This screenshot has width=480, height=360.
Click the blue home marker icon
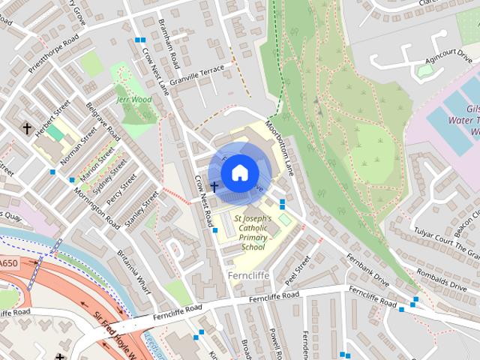click(x=239, y=172)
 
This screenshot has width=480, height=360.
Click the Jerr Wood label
click(x=134, y=99)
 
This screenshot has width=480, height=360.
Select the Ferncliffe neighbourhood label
click(x=246, y=275)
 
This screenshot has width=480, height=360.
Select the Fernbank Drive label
click(x=368, y=269)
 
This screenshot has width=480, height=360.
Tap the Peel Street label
click(x=298, y=270)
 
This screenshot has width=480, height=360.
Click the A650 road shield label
click(x=8, y=263)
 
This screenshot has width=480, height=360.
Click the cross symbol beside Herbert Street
click(x=28, y=129)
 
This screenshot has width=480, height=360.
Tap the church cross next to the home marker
click(x=214, y=186)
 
